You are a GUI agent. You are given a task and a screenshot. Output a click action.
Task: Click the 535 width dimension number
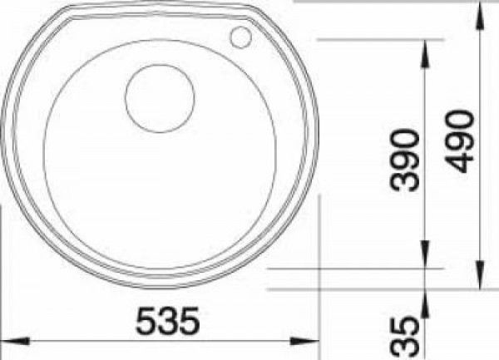(x=168, y=320)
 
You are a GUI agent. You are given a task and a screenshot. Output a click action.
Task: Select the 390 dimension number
(x=405, y=160)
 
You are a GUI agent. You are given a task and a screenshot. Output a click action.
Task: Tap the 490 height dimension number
(x=460, y=141)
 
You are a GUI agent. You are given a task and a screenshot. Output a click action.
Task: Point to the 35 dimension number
(x=405, y=337)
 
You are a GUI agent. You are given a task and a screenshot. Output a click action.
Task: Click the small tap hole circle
(x=240, y=37)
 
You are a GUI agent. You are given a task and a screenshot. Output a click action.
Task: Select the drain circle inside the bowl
(x=160, y=99)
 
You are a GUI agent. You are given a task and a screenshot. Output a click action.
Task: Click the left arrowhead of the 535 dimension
(x=15, y=341)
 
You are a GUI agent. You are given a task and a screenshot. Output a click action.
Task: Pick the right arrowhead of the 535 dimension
(x=304, y=341)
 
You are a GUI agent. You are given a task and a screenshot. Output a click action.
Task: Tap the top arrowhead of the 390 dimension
(x=425, y=53)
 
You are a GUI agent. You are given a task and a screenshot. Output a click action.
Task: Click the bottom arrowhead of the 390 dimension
(x=425, y=254)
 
